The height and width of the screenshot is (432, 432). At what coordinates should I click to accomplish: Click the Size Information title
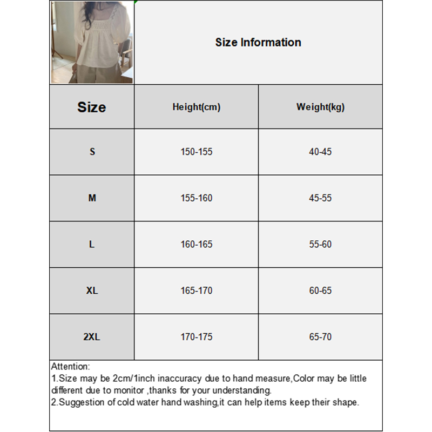pos(258,42)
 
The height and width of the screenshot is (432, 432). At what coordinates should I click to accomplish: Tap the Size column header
pos(92,107)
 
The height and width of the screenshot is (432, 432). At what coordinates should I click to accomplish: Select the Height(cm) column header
pos(197,107)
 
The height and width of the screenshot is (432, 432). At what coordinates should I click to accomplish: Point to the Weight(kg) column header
pos(320,107)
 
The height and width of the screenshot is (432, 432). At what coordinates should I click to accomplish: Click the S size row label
pos(92,152)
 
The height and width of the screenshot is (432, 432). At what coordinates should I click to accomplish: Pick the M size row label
pos(92,198)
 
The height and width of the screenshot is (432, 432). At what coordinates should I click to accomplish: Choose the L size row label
pos(92,244)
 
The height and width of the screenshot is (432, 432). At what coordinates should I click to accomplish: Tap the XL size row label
pos(92,291)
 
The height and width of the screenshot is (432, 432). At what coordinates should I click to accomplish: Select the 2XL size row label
pos(92,337)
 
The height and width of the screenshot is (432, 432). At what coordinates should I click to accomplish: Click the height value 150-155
pos(197,152)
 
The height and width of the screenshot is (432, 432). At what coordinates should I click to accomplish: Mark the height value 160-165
pos(197,244)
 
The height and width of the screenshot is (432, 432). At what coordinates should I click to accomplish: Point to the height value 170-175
pos(197,337)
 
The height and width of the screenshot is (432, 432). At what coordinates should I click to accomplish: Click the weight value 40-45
pos(320,152)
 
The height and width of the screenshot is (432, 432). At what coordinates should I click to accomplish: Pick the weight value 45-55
pos(320,198)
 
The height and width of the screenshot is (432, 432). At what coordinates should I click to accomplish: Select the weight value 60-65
pos(320,291)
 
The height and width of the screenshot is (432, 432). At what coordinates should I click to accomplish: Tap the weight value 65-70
pos(320,337)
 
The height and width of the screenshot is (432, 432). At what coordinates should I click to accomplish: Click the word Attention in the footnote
pos(70,367)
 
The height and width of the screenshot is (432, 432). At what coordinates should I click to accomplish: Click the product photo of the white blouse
pos(92,43)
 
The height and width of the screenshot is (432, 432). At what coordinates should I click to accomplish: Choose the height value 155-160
pos(197,198)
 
